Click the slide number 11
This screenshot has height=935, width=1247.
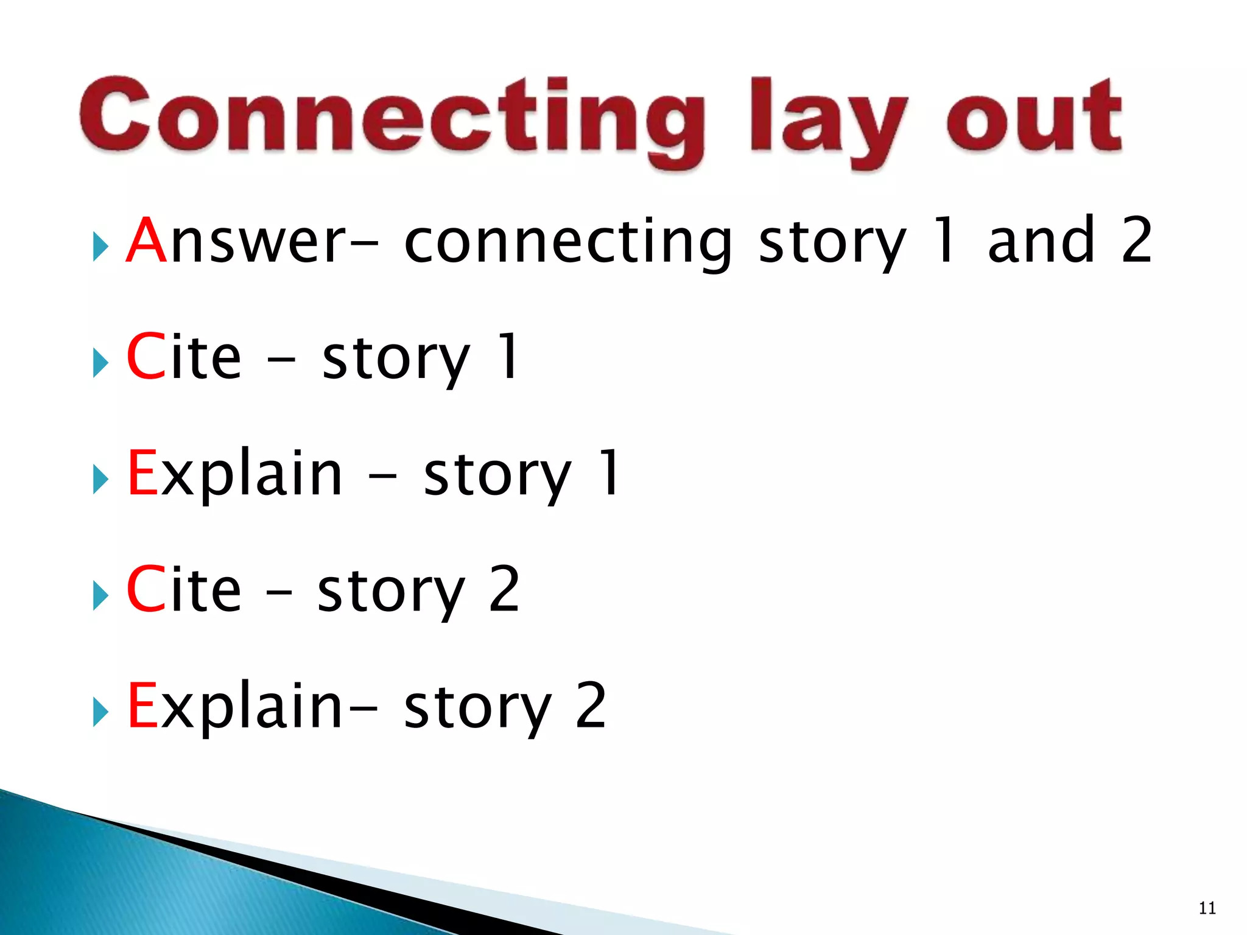click(1207, 908)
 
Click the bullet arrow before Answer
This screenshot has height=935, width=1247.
click(100, 248)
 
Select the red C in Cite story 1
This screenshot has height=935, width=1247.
click(146, 357)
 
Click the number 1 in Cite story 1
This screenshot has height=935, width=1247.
click(507, 357)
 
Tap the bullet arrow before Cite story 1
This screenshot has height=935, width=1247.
click(100, 364)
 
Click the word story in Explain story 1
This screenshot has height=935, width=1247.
click(497, 478)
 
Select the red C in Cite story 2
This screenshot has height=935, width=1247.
click(146, 589)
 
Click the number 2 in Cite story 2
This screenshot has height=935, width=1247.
click(504, 589)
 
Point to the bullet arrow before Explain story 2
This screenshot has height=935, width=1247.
click(100, 713)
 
